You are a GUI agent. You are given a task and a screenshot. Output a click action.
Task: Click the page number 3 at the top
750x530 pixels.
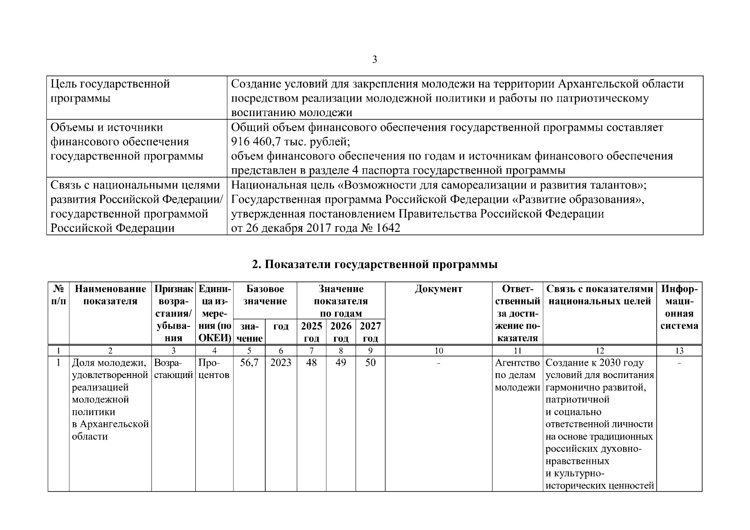[x=374, y=60]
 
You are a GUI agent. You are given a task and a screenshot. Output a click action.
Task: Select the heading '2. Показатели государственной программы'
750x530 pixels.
[x=374, y=264]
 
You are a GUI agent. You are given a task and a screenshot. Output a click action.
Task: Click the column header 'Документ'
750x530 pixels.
[x=438, y=289]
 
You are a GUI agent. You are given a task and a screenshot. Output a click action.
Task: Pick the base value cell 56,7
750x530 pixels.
[x=249, y=363]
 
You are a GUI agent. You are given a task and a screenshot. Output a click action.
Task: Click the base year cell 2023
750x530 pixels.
[x=281, y=363]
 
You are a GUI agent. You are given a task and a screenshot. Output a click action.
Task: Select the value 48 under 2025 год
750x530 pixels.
[x=311, y=363]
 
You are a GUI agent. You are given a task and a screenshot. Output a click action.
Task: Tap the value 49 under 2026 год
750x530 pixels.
[x=341, y=363]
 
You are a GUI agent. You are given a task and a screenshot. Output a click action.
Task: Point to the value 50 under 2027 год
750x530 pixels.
[x=370, y=363]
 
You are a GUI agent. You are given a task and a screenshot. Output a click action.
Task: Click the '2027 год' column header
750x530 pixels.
[x=370, y=332]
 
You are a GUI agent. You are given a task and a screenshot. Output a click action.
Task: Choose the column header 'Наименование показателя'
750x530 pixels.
[x=110, y=295]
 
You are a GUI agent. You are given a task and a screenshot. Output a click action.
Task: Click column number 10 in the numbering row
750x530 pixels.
[x=438, y=351]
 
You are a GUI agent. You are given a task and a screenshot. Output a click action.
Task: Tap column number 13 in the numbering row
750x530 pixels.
[x=679, y=351]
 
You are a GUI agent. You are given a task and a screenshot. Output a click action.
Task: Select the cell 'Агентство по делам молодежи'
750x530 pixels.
[x=518, y=375]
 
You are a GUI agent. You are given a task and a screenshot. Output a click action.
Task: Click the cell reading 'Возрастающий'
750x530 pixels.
[x=173, y=369]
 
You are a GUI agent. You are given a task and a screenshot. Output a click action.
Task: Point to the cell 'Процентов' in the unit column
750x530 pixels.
[x=214, y=369]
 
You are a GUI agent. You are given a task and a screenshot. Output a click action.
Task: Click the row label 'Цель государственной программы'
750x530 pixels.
[x=110, y=91]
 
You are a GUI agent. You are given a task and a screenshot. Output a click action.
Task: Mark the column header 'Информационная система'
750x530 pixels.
[x=679, y=307]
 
